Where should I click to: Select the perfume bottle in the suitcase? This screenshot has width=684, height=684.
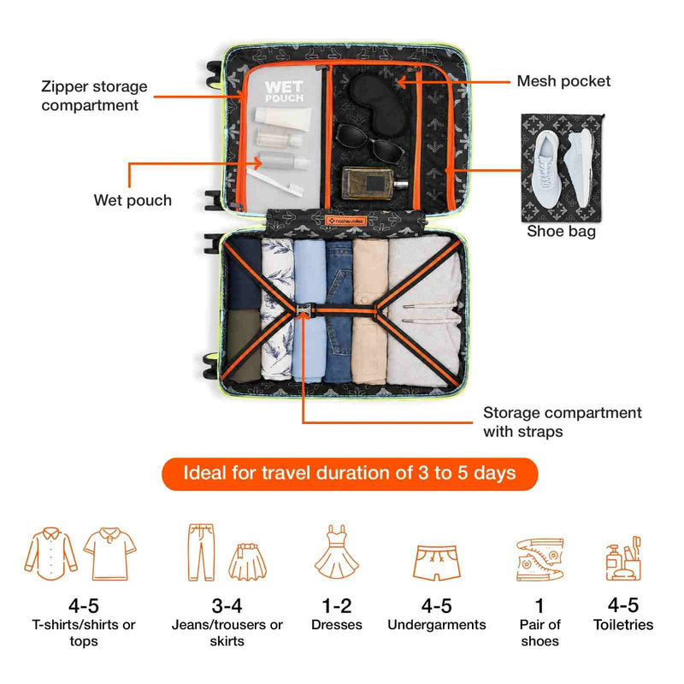coord(374,183)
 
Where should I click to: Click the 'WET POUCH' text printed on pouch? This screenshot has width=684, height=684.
coord(284,91)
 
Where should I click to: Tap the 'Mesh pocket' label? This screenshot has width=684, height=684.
coord(563,81)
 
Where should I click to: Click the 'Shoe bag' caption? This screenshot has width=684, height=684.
coord(561,231)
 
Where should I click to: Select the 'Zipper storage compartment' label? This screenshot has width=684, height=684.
coord(94,96)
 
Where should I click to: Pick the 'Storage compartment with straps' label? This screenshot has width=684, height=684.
coord(563,422)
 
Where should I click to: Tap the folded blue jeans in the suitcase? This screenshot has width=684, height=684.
coord(339,311)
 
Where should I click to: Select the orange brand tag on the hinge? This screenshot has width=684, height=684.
coord(346,221)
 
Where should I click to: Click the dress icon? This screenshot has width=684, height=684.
coord(337,552)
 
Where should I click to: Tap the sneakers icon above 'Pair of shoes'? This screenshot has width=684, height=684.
coord(540,559)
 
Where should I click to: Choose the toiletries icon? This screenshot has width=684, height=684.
coord(623,559)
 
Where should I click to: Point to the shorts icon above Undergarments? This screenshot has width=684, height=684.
coord(437,563)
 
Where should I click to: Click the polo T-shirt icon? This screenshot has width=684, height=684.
coord(110,553)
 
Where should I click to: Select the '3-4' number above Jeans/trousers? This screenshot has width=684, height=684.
coord(227,606)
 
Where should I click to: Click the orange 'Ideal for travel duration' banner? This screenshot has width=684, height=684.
coord(350,474)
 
